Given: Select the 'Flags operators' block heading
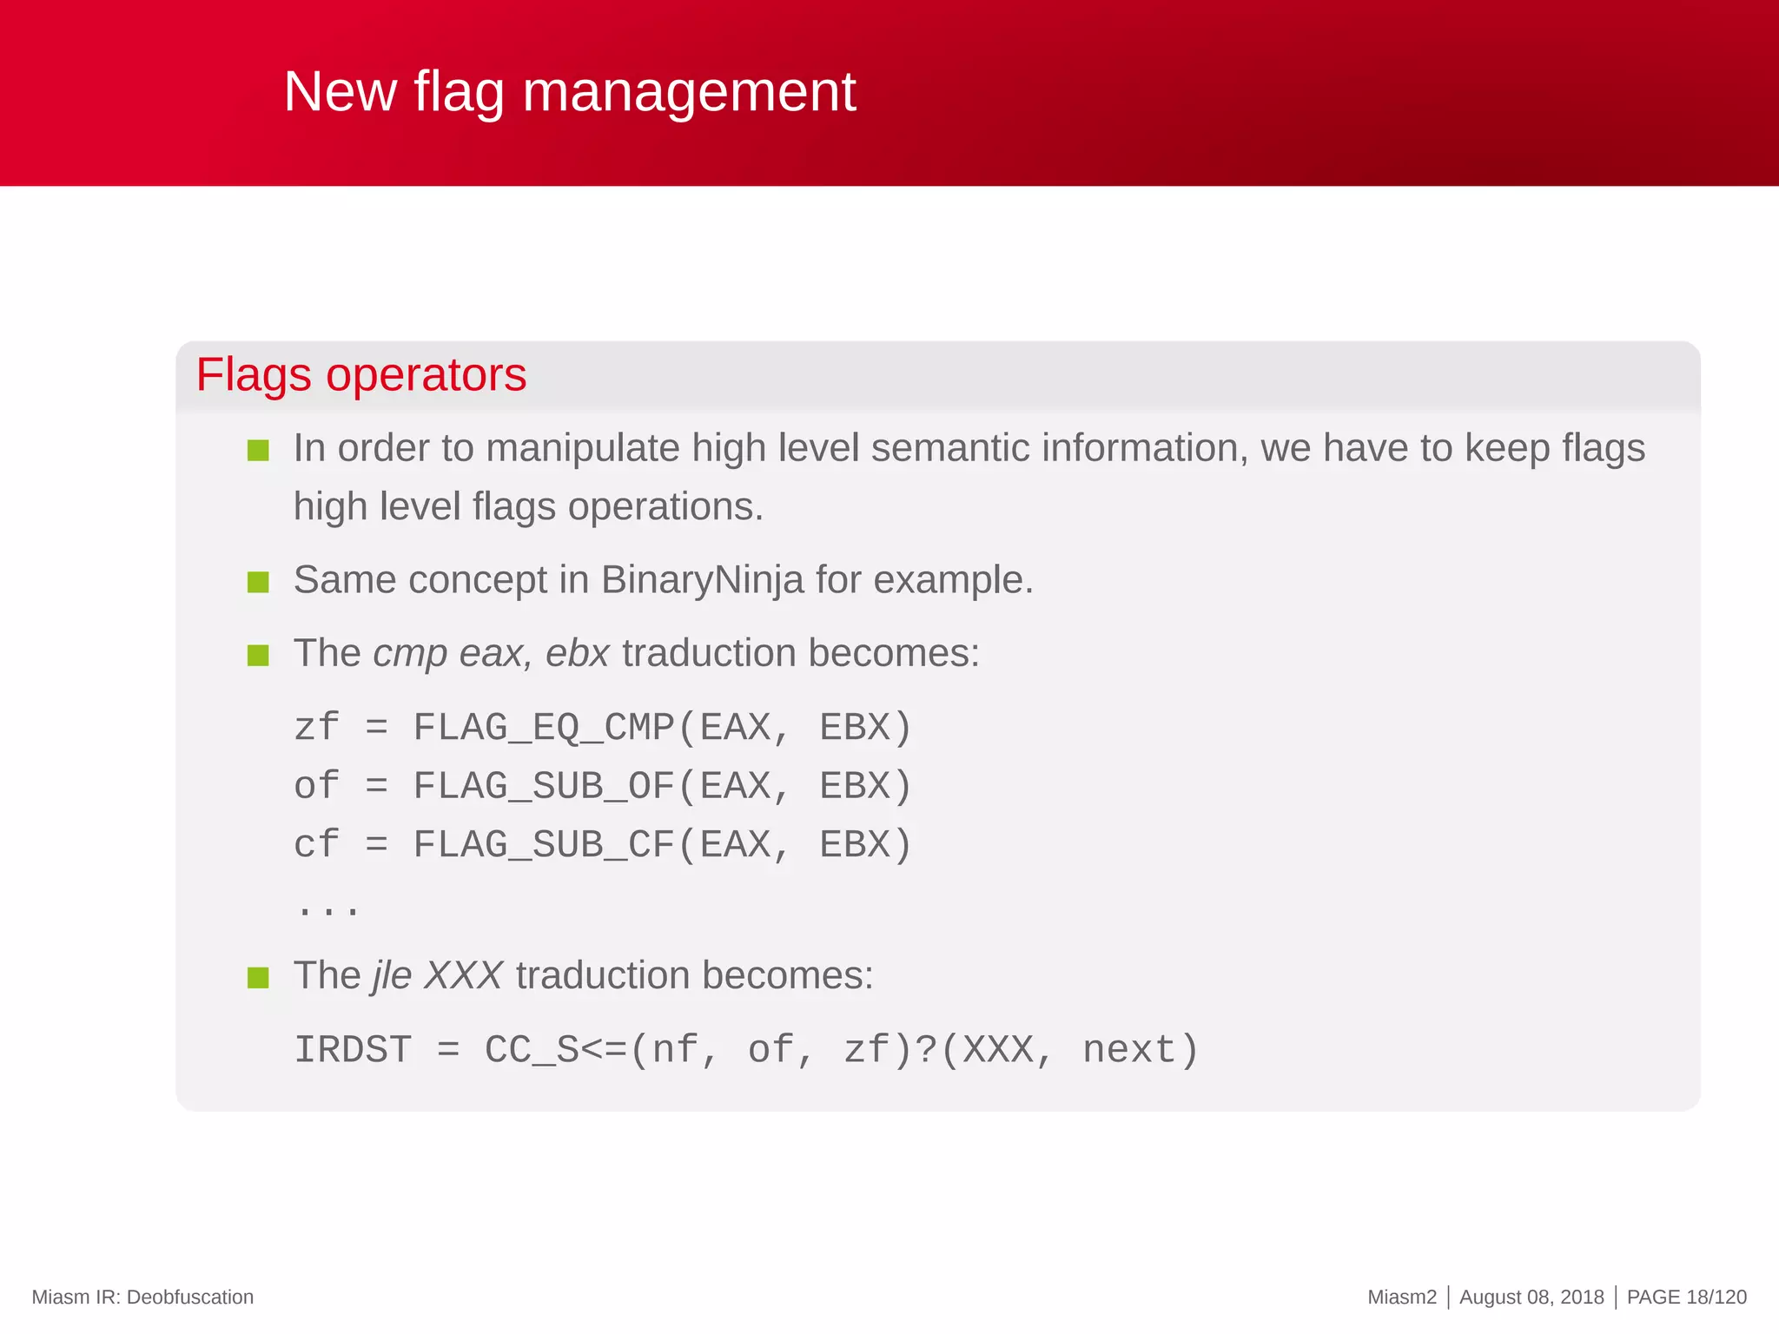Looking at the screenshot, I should pos(360,375).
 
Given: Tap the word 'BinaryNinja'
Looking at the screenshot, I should pos(702,579).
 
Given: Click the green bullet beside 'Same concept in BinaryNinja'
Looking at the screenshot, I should pos(258,581).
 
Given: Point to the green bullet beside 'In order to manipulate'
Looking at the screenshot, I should pos(258,450).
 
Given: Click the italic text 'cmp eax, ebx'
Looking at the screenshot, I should pos(491,653).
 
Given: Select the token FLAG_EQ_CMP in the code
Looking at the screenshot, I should pos(543,728).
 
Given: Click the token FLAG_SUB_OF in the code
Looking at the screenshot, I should pos(543,786).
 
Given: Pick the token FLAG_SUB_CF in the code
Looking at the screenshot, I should pos(543,845).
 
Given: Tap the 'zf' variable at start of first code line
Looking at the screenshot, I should pos(316,728).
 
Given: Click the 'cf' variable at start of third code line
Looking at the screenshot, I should pos(316,845).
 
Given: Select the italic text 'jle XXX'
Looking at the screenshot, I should pos(437,975).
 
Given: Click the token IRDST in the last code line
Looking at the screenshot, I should pos(352,1050).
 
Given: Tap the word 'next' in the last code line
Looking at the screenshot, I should pos(1128,1050).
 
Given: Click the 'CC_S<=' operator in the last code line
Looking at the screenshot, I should pos(555,1050).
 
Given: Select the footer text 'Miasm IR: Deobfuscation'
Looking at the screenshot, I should pos(142,1297).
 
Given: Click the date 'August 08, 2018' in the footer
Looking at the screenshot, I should pos(1531,1297).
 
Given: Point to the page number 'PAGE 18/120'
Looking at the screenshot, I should pos(1686,1297).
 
